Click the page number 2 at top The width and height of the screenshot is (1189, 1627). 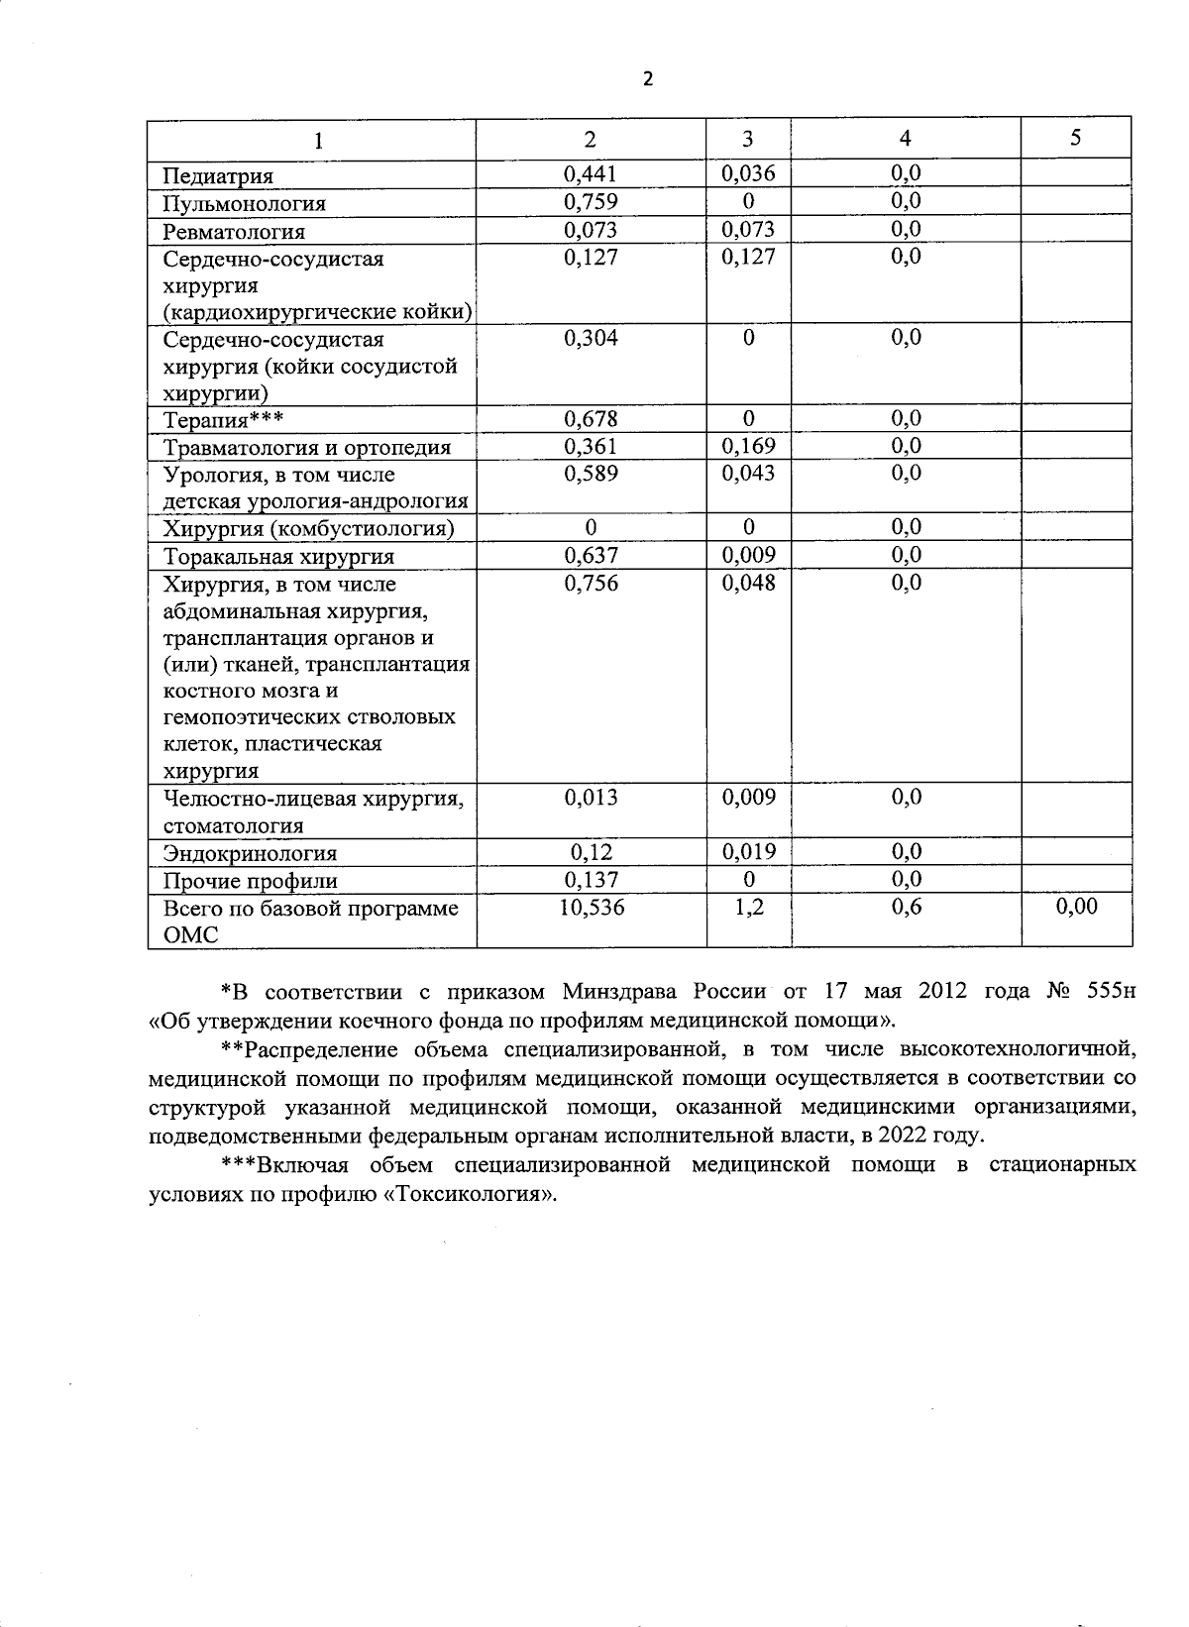(648, 79)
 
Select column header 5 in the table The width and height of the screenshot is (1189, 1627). (1075, 139)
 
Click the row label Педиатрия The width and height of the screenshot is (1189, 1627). (218, 176)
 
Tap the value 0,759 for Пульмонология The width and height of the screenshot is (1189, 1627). (591, 201)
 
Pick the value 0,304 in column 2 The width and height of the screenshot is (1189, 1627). (591, 338)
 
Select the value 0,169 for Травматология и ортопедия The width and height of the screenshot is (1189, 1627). (748, 446)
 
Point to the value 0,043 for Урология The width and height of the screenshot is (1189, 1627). (748, 474)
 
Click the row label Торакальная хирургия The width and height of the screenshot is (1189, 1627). (278, 557)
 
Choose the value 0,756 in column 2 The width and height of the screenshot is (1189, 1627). (591, 583)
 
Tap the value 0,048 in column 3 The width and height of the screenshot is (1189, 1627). (748, 583)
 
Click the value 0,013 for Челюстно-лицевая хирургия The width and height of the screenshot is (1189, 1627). (591, 798)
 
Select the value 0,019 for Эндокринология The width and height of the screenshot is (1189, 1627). (748, 852)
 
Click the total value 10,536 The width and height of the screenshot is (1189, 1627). (591, 907)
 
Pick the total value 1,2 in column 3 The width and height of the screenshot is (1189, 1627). (748, 907)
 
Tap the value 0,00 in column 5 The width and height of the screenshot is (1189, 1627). (1076, 907)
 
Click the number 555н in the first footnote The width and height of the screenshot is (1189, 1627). (1111, 992)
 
